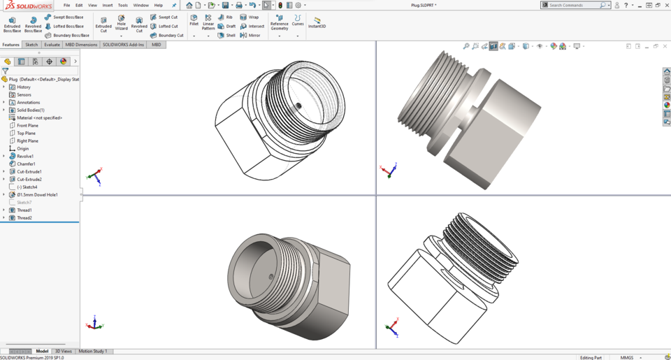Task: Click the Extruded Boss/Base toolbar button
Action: point(12,24)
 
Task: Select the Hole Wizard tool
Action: point(121,23)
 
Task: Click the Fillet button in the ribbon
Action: point(194,20)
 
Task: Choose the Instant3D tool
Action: point(317,22)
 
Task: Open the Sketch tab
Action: point(31,45)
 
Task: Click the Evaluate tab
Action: point(52,45)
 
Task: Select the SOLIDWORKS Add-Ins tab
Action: point(123,45)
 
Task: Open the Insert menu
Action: point(107,5)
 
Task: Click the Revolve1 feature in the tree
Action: point(25,156)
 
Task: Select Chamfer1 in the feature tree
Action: point(26,164)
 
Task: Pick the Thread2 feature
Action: point(24,217)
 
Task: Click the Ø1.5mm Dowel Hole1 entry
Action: point(37,194)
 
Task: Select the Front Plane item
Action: point(27,125)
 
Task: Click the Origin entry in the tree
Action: point(23,148)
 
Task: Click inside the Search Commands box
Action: point(573,5)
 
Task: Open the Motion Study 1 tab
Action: point(93,351)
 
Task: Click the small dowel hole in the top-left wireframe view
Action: point(298,106)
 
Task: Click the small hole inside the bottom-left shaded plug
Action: point(271,276)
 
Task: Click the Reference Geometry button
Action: point(279,22)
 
